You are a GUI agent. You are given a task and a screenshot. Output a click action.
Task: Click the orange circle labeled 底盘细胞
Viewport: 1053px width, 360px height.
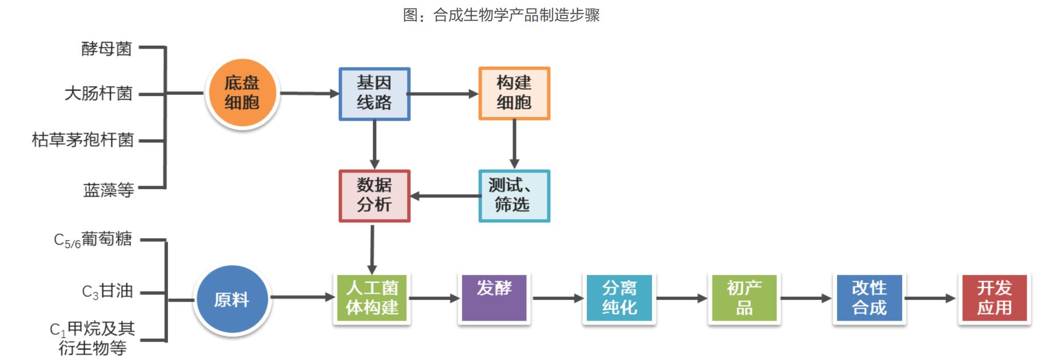(x=242, y=93)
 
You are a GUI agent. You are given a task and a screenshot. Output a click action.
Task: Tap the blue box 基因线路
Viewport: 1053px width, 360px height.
(x=374, y=94)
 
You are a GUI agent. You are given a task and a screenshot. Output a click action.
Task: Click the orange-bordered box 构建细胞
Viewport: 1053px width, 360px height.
(x=514, y=93)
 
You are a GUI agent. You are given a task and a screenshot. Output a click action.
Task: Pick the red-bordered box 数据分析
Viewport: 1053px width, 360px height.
(x=374, y=195)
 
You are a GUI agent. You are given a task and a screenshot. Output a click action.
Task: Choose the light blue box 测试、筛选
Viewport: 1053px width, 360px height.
(x=514, y=195)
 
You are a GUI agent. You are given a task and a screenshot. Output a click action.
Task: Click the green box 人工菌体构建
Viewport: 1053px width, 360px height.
(x=372, y=298)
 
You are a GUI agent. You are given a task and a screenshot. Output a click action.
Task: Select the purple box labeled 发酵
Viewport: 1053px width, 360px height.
(x=494, y=298)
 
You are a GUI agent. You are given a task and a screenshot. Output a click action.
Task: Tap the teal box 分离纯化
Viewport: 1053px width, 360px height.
(x=619, y=298)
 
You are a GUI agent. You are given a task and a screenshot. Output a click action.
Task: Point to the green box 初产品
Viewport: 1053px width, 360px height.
(x=744, y=298)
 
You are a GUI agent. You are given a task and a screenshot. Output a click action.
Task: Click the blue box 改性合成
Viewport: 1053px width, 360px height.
(x=869, y=298)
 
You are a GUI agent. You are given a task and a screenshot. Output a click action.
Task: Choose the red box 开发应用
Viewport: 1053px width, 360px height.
(x=994, y=298)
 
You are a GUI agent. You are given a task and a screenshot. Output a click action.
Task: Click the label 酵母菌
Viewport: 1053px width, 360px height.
(x=107, y=49)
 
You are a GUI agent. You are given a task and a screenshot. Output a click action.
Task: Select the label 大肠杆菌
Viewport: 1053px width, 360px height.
(x=98, y=93)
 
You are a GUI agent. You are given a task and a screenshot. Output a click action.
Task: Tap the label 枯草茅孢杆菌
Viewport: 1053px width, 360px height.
(x=83, y=140)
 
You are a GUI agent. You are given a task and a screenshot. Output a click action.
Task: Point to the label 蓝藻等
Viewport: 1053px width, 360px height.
(x=109, y=190)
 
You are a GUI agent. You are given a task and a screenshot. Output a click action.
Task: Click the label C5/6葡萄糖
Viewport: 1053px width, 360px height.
(x=93, y=239)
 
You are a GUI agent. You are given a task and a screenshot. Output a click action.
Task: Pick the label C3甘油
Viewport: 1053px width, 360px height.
(x=107, y=291)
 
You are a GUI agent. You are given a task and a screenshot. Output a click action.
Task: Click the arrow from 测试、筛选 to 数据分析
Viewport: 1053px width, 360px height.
(x=446, y=196)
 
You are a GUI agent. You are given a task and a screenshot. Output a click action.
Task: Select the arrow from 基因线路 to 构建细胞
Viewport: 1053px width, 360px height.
(x=444, y=94)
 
